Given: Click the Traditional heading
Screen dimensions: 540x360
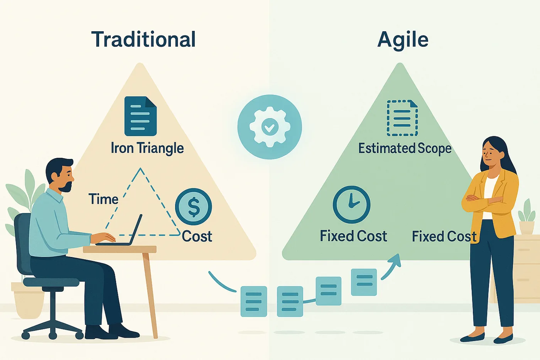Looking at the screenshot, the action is (143, 39).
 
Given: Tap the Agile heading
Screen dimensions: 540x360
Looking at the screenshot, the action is (403, 40).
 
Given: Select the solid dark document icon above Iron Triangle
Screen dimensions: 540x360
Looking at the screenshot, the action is (140, 116).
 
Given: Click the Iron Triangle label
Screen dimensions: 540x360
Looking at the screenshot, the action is (147, 148).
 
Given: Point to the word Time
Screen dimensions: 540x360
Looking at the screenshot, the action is (104, 199).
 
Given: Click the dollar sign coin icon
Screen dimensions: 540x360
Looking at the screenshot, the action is (194, 207).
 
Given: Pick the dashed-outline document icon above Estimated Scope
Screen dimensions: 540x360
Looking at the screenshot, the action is (402, 118).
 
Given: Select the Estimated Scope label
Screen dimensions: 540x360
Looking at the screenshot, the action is (405, 148).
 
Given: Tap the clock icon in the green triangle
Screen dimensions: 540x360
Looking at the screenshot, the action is (351, 205).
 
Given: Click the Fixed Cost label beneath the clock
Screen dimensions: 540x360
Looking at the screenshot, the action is (353, 236).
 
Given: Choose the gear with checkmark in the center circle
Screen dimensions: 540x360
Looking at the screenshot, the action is (270, 127).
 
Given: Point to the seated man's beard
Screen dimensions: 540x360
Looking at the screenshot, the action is (66, 186).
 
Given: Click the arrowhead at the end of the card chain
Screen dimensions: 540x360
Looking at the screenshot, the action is (394, 260).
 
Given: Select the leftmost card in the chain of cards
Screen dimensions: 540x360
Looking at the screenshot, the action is (254, 301).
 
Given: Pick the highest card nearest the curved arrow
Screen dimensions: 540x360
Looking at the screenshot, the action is (364, 282).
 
